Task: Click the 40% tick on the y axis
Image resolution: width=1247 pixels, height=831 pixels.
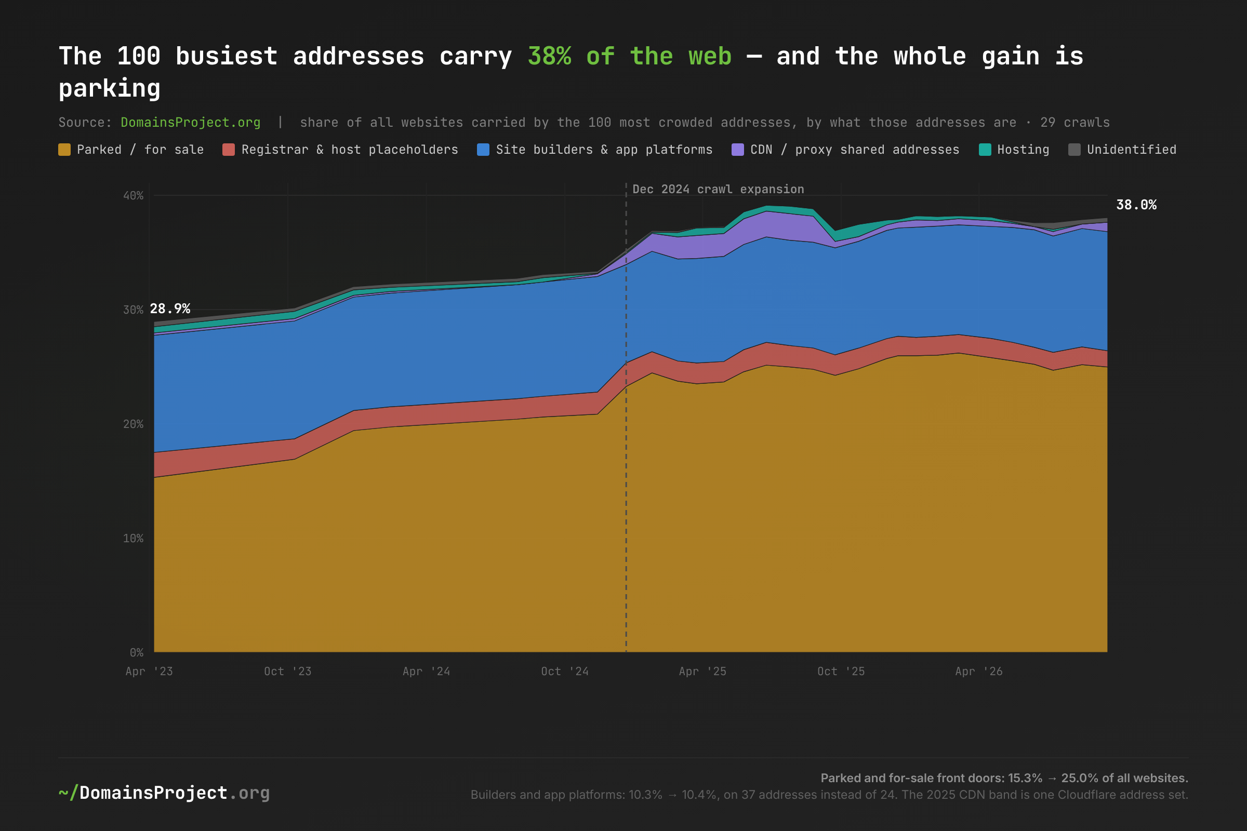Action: pos(133,196)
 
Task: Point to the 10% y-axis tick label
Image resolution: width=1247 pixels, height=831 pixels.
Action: pos(133,539)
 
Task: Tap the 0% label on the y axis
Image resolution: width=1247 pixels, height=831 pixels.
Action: pos(137,652)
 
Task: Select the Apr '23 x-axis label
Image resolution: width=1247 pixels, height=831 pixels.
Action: pos(149,672)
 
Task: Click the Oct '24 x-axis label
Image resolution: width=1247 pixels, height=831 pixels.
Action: pos(565,672)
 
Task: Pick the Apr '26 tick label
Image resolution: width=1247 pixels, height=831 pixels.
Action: pos(979,672)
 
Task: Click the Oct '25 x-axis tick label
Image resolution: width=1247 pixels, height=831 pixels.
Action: pos(841,672)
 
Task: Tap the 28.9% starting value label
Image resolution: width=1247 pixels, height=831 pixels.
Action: pos(170,309)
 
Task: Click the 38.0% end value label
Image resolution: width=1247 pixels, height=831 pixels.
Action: pos(1136,205)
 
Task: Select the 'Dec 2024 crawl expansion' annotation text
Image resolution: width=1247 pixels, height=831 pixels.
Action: pos(718,189)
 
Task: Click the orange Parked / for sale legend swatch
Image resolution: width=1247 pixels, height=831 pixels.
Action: pos(64,150)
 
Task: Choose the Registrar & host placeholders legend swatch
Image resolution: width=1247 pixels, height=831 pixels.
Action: pos(229,150)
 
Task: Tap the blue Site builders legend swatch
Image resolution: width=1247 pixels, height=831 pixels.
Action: pos(483,150)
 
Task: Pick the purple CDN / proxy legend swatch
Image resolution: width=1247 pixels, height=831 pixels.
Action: pos(737,150)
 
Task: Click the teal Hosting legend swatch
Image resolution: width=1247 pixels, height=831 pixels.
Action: pos(985,150)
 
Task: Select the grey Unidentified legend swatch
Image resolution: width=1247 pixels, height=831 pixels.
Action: pos(1074,150)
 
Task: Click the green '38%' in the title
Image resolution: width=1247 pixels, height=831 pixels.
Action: pos(550,56)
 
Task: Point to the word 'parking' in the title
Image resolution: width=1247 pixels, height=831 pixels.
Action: pos(109,88)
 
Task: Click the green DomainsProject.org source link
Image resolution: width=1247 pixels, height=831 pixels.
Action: pos(190,123)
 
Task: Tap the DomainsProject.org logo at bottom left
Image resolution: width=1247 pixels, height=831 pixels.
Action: pos(164,793)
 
